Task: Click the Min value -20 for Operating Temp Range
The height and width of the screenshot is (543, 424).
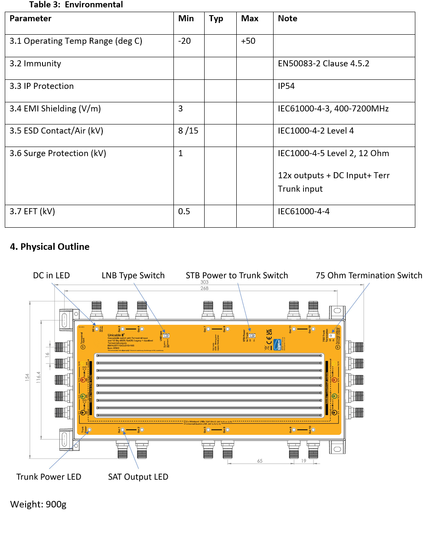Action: (x=184, y=41)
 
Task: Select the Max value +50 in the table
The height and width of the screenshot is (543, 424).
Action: (x=248, y=41)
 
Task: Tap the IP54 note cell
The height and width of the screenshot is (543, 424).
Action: (x=286, y=86)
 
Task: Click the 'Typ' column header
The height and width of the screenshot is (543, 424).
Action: (x=216, y=19)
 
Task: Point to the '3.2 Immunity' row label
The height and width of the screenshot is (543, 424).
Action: (x=35, y=64)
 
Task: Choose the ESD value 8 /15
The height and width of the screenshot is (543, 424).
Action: (x=188, y=131)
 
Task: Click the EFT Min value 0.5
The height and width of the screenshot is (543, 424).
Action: (x=184, y=212)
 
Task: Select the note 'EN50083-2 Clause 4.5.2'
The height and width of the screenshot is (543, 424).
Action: (x=323, y=64)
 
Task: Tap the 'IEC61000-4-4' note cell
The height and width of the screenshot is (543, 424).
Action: (x=303, y=212)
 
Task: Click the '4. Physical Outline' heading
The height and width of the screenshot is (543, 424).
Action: (x=49, y=247)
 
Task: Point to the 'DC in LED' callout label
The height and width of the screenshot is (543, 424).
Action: (x=51, y=276)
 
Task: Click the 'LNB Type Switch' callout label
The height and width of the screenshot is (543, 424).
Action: (x=133, y=276)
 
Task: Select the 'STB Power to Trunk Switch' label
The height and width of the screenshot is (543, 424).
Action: (x=237, y=276)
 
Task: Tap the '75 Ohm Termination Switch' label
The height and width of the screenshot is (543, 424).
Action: (x=369, y=276)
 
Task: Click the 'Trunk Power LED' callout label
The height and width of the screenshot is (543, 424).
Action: (x=49, y=477)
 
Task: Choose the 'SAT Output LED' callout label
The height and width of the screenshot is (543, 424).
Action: (x=138, y=477)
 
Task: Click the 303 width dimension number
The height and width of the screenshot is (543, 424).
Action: (x=204, y=282)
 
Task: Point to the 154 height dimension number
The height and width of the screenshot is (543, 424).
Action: (x=27, y=377)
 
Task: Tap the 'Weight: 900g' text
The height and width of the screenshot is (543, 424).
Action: (x=38, y=504)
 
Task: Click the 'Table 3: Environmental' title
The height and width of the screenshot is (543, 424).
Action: (x=76, y=5)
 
